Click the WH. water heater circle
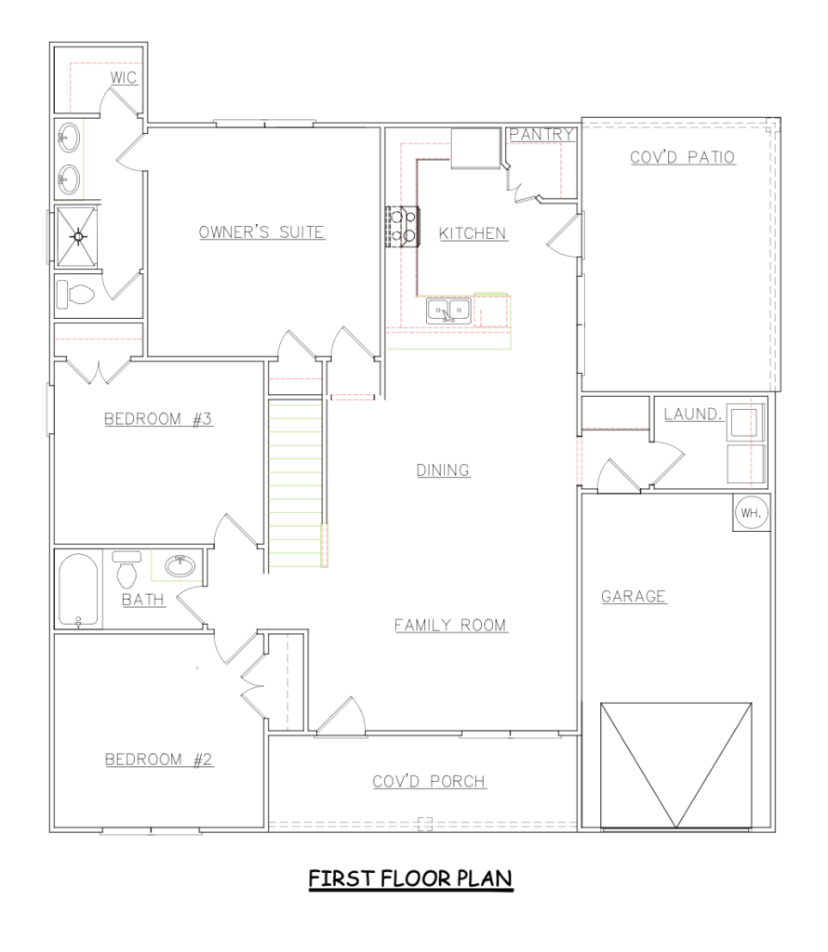click(751, 512)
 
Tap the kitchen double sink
click(448, 311)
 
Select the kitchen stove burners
click(403, 227)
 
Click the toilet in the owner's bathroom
click(76, 296)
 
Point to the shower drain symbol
click(78, 236)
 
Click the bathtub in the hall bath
click(78, 590)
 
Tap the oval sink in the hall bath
click(180, 566)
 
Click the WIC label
click(124, 78)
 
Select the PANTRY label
click(541, 134)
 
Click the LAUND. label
click(693, 414)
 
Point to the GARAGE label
click(634, 596)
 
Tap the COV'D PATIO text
click(682, 156)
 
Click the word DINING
click(443, 469)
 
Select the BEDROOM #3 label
click(158, 419)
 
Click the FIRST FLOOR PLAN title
click(410, 879)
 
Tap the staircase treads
click(295, 483)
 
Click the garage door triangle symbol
click(676, 765)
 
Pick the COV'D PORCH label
click(430, 781)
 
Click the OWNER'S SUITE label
click(261, 231)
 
